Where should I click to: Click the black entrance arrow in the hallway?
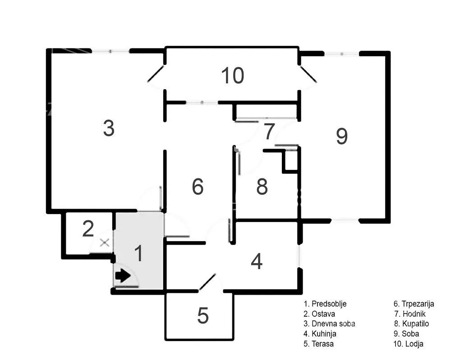click(x=122, y=276)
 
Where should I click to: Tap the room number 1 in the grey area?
click(x=139, y=253)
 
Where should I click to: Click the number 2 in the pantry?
click(x=88, y=229)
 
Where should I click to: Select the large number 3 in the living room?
click(x=109, y=128)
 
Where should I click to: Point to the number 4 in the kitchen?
click(x=257, y=261)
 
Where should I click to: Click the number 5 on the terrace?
click(x=203, y=316)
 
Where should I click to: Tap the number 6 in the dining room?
click(x=198, y=187)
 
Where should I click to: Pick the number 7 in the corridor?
click(x=269, y=132)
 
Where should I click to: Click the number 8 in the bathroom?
click(x=262, y=187)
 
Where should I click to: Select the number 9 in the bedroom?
click(x=342, y=136)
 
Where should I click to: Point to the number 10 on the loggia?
click(x=232, y=75)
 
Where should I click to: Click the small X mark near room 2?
click(x=105, y=243)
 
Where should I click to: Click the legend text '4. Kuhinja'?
click(x=320, y=334)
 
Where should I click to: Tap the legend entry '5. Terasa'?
click(x=319, y=344)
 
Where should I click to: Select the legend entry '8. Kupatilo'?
click(x=411, y=324)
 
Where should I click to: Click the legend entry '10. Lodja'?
click(x=408, y=344)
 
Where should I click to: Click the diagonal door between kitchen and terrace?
click(x=207, y=282)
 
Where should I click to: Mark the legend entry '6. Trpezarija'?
click(x=414, y=304)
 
